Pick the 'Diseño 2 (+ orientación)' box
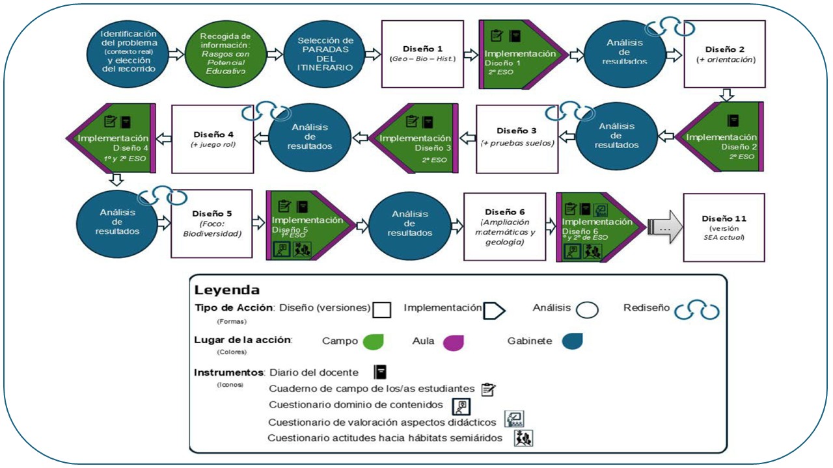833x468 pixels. pos(724,53)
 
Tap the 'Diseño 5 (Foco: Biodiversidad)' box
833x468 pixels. pos(212,224)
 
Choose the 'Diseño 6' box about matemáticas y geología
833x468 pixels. pos(505,224)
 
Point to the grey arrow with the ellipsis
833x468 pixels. pos(664,228)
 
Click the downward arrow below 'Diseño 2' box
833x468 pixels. pos(728,95)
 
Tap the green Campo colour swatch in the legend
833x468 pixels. pos(373,341)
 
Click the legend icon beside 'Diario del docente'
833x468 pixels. pos(381,372)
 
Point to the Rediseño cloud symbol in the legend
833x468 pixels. pos(696,310)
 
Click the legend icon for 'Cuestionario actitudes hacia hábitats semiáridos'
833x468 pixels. pos(523,437)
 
